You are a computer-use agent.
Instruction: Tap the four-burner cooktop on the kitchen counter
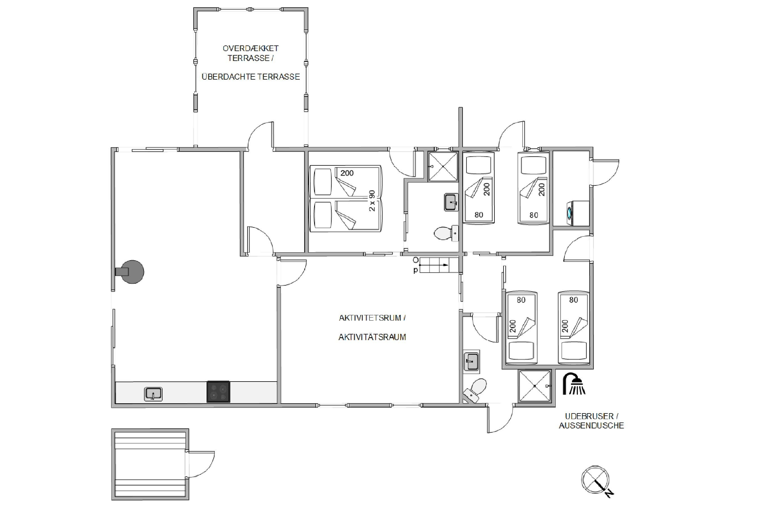(218, 391)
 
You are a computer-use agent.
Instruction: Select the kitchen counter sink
(153, 394)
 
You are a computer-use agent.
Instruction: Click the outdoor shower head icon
(574, 384)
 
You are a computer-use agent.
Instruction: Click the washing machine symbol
(578, 213)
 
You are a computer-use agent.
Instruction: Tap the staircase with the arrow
(439, 265)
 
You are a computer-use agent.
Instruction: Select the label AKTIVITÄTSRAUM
(372, 337)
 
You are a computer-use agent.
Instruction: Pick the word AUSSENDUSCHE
(591, 425)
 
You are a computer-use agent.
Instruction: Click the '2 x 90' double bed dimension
(372, 201)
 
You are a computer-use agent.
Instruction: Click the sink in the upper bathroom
(451, 202)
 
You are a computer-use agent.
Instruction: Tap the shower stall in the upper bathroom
(443, 166)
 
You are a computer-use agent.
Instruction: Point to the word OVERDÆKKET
(250, 48)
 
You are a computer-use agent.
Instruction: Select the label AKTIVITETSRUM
(372, 318)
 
